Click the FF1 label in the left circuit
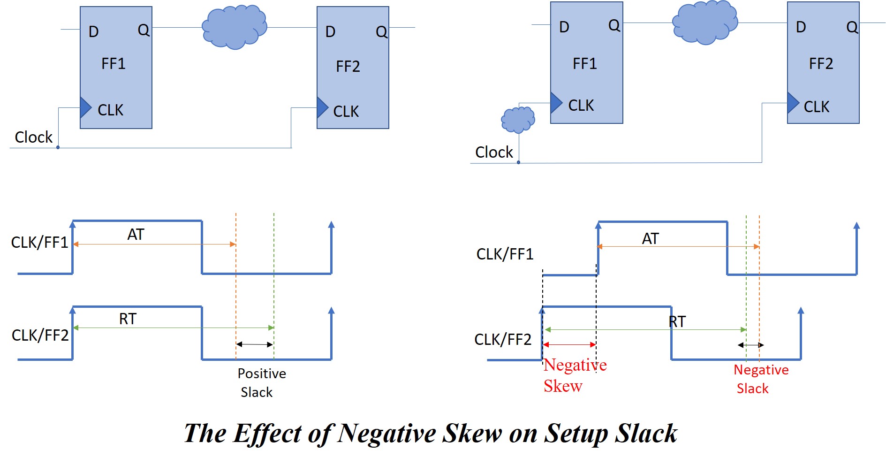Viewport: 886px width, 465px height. tap(114, 64)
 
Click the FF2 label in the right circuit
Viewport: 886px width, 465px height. tap(821, 64)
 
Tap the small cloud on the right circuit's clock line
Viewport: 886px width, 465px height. tap(518, 120)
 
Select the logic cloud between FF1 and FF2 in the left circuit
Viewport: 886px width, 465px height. tap(234, 27)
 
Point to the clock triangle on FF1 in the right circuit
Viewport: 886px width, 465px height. tap(555, 103)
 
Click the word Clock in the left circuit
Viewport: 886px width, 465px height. tap(33, 137)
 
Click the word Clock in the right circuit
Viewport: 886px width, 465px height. tap(494, 152)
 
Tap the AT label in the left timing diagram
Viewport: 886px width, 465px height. tap(136, 235)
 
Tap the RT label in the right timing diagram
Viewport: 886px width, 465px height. tap(677, 322)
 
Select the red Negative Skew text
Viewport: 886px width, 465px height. tap(575, 375)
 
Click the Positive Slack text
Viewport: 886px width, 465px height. tap(261, 383)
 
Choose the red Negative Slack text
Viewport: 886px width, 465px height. tap(760, 379)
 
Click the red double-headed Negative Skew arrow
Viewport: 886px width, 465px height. tap(569, 345)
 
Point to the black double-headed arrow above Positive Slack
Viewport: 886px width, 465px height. tap(254, 344)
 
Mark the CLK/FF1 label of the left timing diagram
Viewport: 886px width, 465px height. tap(39, 243)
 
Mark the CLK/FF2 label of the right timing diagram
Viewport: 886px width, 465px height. tap(503, 339)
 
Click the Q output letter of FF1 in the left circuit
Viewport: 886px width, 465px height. tap(143, 30)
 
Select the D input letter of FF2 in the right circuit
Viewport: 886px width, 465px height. tap(801, 27)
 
